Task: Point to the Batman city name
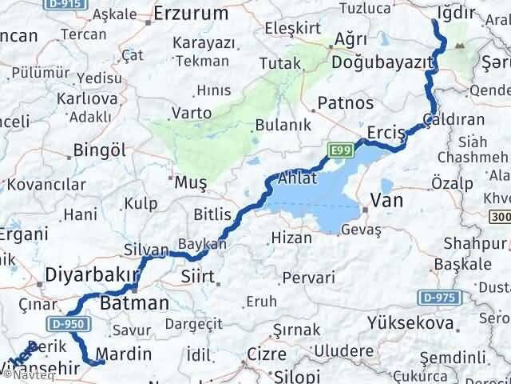coord(135,303)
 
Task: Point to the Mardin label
coord(123,353)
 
